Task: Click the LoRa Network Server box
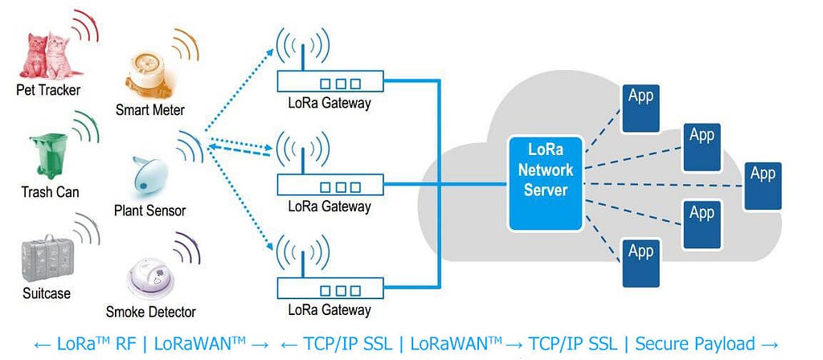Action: [546, 184]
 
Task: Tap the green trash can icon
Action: [49, 154]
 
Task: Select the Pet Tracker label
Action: [48, 90]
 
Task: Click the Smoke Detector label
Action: [150, 312]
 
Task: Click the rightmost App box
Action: [763, 186]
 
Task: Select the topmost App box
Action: [641, 108]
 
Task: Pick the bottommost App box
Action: [641, 263]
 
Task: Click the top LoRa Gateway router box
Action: [330, 83]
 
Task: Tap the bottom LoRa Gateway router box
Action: [330, 289]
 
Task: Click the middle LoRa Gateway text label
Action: [329, 207]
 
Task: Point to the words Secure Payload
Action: [695, 344]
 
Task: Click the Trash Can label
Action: [50, 192]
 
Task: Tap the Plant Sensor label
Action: [149, 211]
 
